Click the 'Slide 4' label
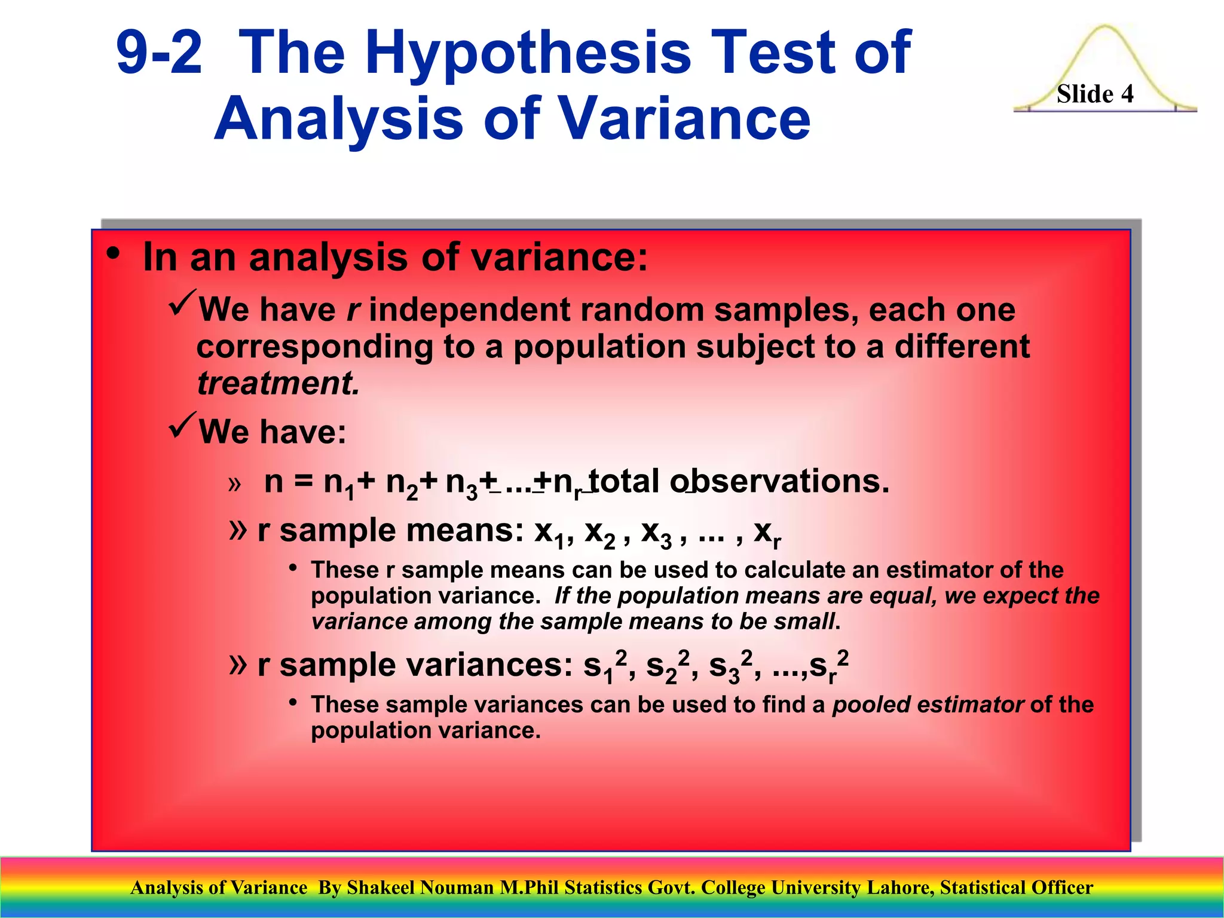[x=1095, y=94]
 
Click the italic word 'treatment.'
[x=279, y=383]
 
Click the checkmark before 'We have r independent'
[x=182, y=303]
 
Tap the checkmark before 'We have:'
[x=182, y=425]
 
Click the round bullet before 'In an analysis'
[x=113, y=255]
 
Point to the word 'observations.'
[x=780, y=481]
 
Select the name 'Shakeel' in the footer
[x=381, y=888]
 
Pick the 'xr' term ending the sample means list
[x=767, y=532]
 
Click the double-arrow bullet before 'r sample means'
[x=237, y=529]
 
